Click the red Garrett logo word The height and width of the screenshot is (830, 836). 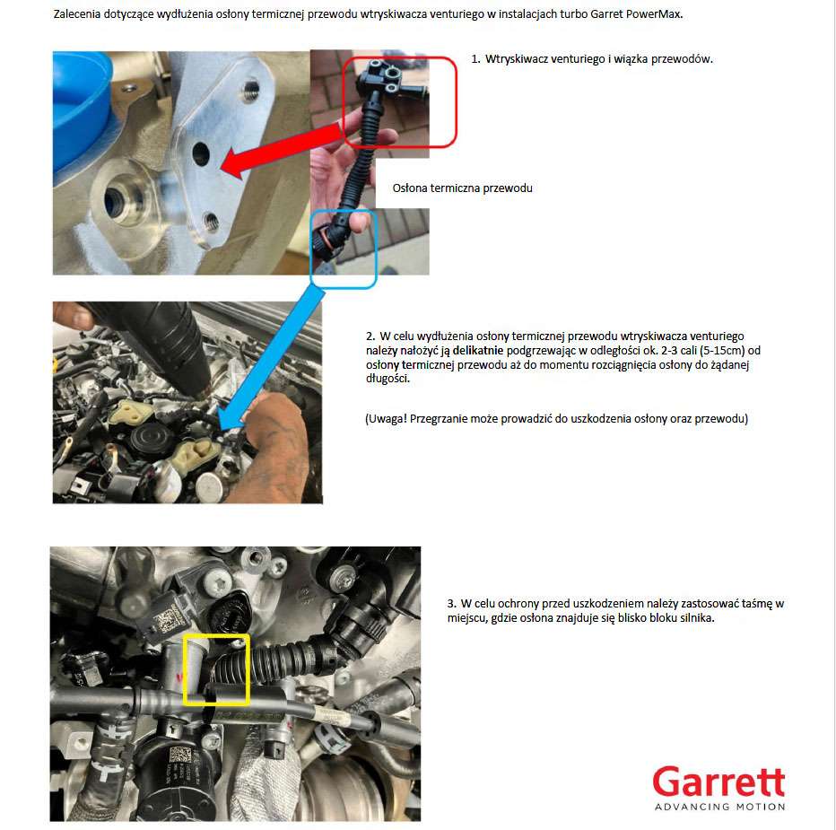click(718, 782)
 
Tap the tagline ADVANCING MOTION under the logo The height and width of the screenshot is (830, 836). click(719, 807)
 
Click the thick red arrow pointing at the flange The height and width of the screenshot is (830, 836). click(282, 150)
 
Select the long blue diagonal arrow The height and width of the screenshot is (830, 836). click(273, 357)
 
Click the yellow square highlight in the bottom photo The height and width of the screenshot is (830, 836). click(216, 669)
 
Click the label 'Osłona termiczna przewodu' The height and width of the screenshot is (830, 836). click(462, 188)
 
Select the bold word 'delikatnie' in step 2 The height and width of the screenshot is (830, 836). click(478, 351)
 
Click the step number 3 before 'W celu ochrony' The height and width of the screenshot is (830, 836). click(451, 604)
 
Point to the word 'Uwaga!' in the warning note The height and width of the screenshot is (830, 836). click(388, 419)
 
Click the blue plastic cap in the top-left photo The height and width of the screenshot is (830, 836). click(81, 107)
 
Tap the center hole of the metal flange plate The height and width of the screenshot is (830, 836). click(201, 154)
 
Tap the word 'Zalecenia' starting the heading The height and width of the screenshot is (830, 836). click(77, 14)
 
